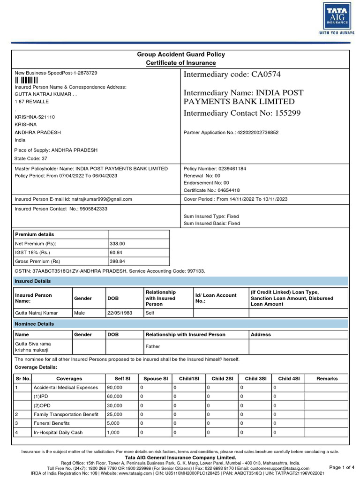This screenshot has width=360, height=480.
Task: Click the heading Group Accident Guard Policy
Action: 180,54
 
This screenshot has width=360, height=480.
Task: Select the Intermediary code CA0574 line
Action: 232,75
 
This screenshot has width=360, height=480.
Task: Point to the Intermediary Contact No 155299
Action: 242,113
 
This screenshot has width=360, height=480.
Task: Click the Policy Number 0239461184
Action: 215,169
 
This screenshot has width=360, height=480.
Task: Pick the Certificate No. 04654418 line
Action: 212,190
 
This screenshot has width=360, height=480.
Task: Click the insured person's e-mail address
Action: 74,199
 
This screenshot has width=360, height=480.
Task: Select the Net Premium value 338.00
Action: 117,244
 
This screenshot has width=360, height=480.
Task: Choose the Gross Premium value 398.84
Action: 117,262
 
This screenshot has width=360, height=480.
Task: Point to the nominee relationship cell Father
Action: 153,347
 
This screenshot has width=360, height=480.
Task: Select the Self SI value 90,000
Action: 115,388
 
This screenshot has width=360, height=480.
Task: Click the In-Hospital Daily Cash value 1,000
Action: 114,433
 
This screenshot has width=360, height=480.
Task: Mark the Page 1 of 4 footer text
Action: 342,467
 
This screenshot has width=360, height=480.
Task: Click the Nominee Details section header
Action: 35,324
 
